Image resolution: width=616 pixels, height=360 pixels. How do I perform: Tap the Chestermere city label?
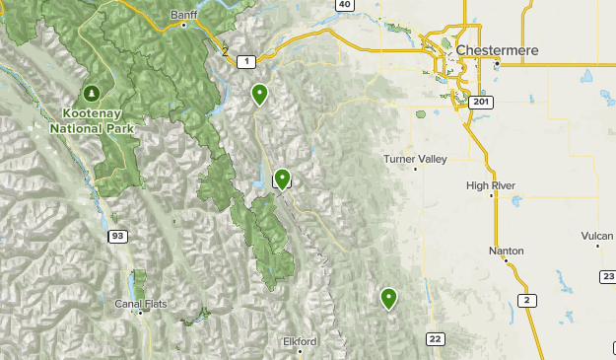click(x=494, y=48)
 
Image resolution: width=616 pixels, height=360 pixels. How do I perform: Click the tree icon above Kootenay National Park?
click(x=92, y=94)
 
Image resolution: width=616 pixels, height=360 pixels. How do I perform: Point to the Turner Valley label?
click(x=415, y=159)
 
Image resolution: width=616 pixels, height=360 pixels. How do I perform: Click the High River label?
click(x=491, y=184)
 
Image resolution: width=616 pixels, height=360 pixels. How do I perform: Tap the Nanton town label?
click(x=506, y=251)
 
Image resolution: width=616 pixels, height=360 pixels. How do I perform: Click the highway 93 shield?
click(x=117, y=236)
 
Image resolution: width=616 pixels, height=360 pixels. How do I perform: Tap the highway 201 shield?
click(x=480, y=102)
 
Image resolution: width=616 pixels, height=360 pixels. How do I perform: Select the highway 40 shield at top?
click(x=343, y=5)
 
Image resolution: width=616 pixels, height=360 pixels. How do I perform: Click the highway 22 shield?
click(x=435, y=338)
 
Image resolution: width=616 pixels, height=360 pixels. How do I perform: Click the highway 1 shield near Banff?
click(x=244, y=61)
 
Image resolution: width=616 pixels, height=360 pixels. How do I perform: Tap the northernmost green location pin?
click(x=259, y=94)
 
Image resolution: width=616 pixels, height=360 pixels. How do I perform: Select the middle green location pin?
click(x=283, y=179)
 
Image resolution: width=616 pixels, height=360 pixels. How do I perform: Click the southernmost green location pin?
click(x=388, y=297)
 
